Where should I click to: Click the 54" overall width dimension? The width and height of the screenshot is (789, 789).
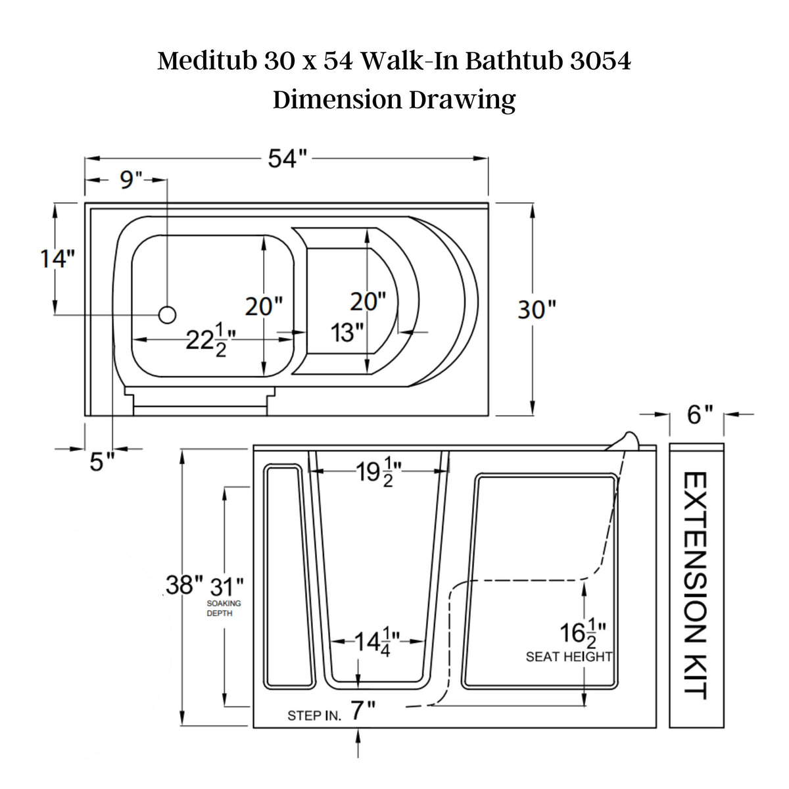pos(287,158)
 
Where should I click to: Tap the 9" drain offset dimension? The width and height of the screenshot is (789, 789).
pos(131,179)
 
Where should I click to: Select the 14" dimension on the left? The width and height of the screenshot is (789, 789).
pos(54,258)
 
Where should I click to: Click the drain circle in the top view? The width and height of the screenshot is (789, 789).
pos(167,315)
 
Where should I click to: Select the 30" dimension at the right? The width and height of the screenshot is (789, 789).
pos(537,309)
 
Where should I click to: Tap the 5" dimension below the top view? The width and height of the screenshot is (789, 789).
pos(98,463)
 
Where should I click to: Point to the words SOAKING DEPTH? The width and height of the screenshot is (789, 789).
pos(224,608)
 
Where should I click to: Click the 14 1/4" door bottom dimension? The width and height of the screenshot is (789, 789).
pos(377,641)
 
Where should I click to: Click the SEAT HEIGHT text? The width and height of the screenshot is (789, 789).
pos(569,656)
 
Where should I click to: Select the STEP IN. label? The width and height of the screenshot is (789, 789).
pos(314,716)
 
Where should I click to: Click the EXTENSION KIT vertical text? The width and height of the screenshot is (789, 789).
pos(696,585)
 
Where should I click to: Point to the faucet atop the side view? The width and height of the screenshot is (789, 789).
pos(625,440)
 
